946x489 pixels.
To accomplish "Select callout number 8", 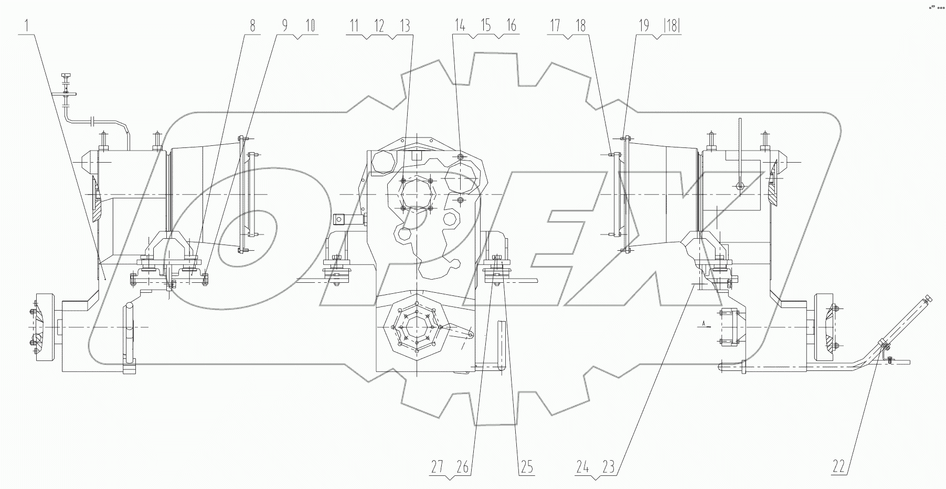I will click(252, 25).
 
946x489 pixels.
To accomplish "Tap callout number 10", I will click(311, 25).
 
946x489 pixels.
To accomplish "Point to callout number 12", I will click(379, 25).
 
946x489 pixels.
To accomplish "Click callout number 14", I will click(460, 25).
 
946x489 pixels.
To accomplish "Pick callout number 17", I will click(555, 25).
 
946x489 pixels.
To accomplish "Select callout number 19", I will click(644, 25).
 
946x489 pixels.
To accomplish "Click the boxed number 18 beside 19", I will click(672, 25).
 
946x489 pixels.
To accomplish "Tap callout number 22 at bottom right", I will click(839, 466).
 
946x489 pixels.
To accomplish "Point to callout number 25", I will click(527, 466).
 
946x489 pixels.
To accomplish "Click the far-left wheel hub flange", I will click(42, 329).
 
